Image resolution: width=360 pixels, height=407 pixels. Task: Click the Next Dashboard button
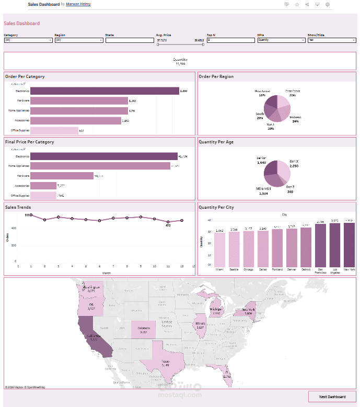click(332, 397)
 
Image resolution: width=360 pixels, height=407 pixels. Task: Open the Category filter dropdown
click(28, 40)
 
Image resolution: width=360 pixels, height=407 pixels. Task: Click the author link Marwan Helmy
click(78, 4)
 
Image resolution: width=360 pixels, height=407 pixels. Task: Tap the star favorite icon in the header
click(297, 4)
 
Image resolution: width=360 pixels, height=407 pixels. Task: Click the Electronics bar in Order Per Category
click(104, 91)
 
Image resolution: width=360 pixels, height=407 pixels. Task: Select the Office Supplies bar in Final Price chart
click(43, 196)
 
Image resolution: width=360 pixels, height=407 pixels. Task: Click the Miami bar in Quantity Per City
click(219, 250)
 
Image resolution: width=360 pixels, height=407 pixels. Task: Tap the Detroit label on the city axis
click(306, 270)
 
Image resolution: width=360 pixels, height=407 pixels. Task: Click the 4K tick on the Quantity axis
click(209, 221)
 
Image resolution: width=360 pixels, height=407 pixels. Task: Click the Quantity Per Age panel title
click(216, 142)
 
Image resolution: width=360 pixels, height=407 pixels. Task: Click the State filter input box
click(129, 40)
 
